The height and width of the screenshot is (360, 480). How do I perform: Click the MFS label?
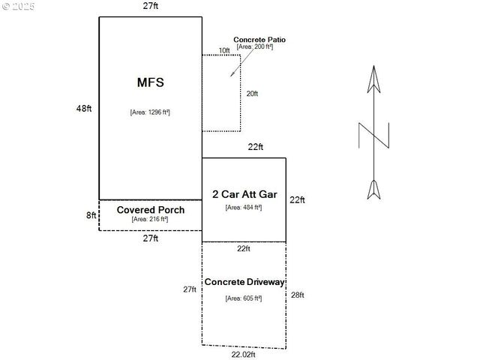pos(150,82)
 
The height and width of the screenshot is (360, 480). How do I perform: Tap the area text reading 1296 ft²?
pos(150,112)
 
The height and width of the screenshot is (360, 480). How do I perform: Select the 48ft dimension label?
pos(83,109)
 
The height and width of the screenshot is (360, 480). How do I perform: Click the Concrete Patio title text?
pos(259,40)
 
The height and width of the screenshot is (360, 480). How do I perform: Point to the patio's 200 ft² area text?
pos(255,47)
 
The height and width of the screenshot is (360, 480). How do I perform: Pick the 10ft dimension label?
pos(224,51)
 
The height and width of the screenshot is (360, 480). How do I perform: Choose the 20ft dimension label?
pos(253,94)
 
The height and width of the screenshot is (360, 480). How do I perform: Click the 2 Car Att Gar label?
pos(244,194)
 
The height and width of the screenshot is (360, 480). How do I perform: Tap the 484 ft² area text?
pos(244,207)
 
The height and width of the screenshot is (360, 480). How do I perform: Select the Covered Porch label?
pos(151,210)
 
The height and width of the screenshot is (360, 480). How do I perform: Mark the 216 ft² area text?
pos(150,220)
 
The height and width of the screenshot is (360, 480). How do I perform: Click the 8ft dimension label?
pos(91,215)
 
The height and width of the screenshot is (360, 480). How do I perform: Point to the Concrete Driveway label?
pos(244,282)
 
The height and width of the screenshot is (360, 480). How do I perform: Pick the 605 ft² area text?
pos(244,298)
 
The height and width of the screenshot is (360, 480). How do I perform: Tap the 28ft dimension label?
pos(298,295)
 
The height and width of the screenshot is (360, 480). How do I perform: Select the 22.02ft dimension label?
pos(243,355)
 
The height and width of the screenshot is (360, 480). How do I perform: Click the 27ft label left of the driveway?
pos(190,289)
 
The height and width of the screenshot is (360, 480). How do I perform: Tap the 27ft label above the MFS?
pos(150,6)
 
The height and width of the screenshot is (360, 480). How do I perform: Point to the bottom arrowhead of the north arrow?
pos(373,190)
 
